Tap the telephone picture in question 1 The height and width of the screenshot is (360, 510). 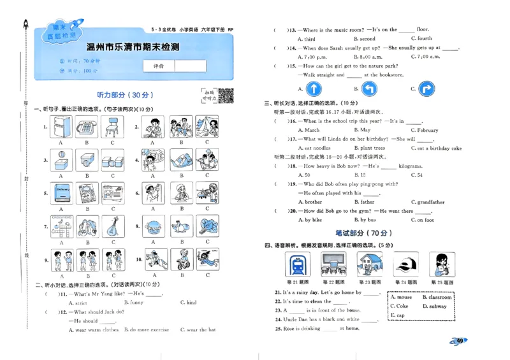(x=85, y=127)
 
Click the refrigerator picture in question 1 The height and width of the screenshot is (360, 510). (x=61, y=127)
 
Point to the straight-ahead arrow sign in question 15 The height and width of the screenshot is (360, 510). (x=314, y=89)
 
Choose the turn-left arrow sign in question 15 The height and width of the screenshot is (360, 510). (x=370, y=89)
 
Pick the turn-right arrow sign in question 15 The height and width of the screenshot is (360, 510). (x=426, y=89)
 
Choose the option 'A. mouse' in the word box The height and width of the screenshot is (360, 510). (x=402, y=297)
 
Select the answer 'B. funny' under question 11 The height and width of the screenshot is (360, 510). (x=134, y=303)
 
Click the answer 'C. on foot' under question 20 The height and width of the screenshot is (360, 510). (x=421, y=220)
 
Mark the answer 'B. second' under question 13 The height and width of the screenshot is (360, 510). (x=363, y=39)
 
